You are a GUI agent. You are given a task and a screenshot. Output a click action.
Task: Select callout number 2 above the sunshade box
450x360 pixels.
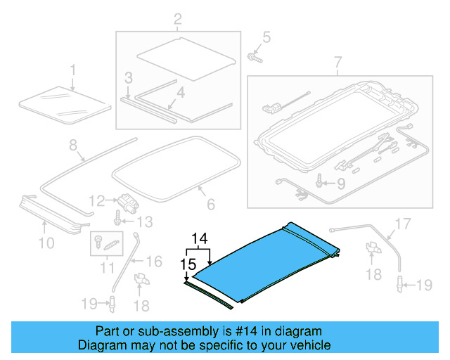pos(177,18)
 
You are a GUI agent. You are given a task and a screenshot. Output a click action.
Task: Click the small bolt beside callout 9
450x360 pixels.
pos(321,184)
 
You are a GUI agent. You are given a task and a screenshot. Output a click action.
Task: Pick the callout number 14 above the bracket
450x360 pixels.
pos(198,239)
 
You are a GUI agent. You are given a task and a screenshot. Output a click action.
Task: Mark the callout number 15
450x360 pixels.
pos(186,264)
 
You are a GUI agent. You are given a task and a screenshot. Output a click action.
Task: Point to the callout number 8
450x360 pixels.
pos(72,146)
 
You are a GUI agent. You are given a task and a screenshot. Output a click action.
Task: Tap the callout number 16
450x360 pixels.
pos(154,262)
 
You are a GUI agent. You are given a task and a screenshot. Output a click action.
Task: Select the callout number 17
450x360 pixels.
pos(400,224)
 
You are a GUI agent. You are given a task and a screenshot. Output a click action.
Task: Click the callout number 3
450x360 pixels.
pos(128,77)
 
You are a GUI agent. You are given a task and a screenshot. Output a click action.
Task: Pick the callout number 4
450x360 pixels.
pos(180,92)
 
